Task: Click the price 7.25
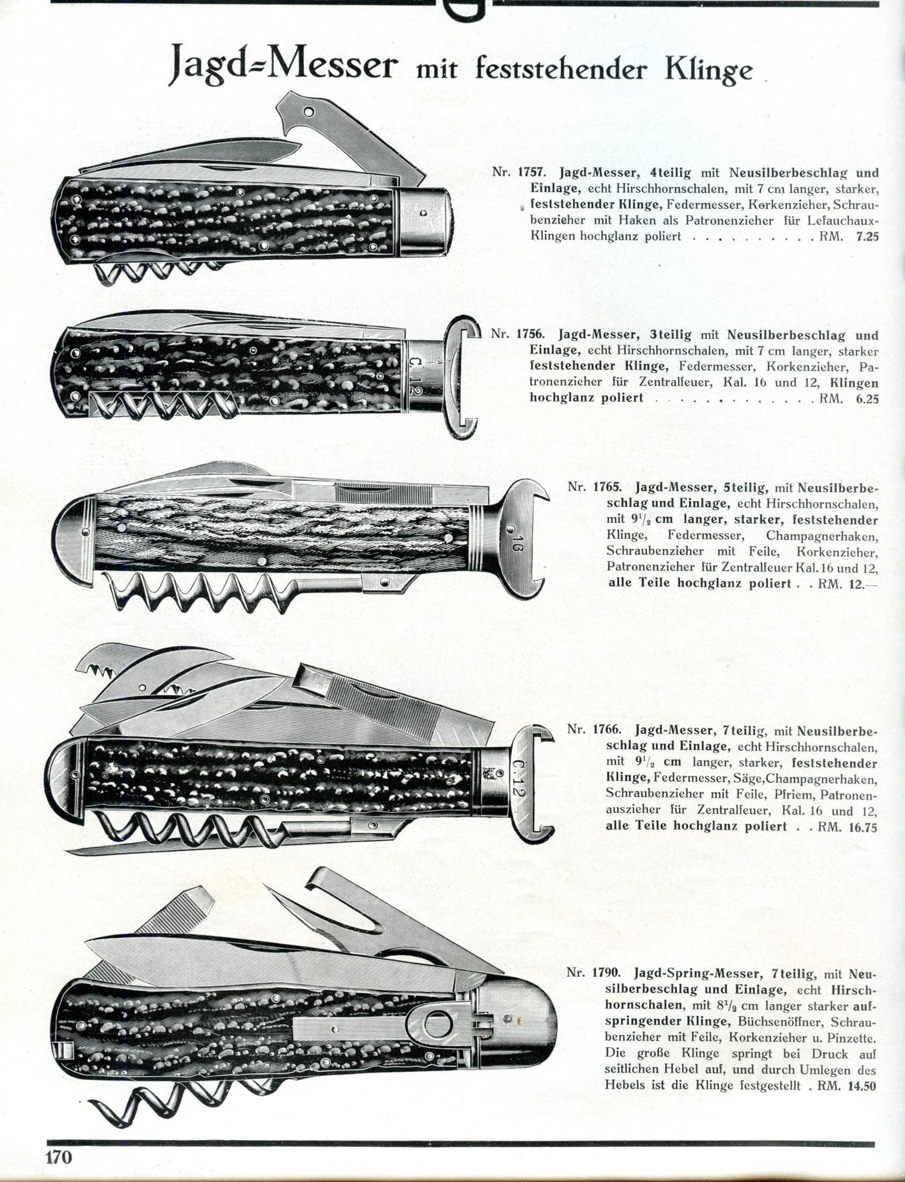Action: (867, 236)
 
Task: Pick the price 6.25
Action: (867, 398)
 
